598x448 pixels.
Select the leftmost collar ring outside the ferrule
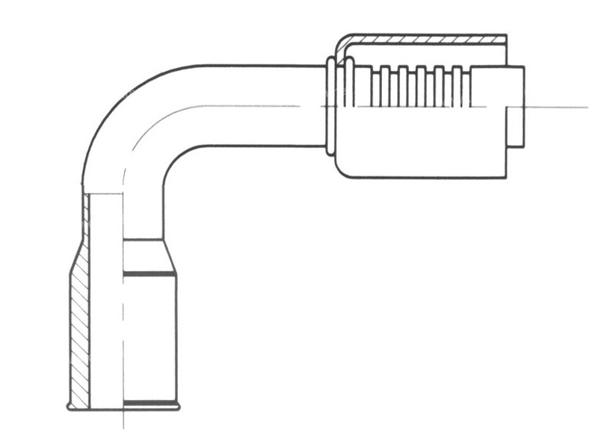click(x=330, y=108)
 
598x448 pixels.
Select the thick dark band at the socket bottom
click(x=149, y=405)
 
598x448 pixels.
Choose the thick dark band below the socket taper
click(x=149, y=276)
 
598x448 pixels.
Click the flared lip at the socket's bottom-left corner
click(x=70, y=407)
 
